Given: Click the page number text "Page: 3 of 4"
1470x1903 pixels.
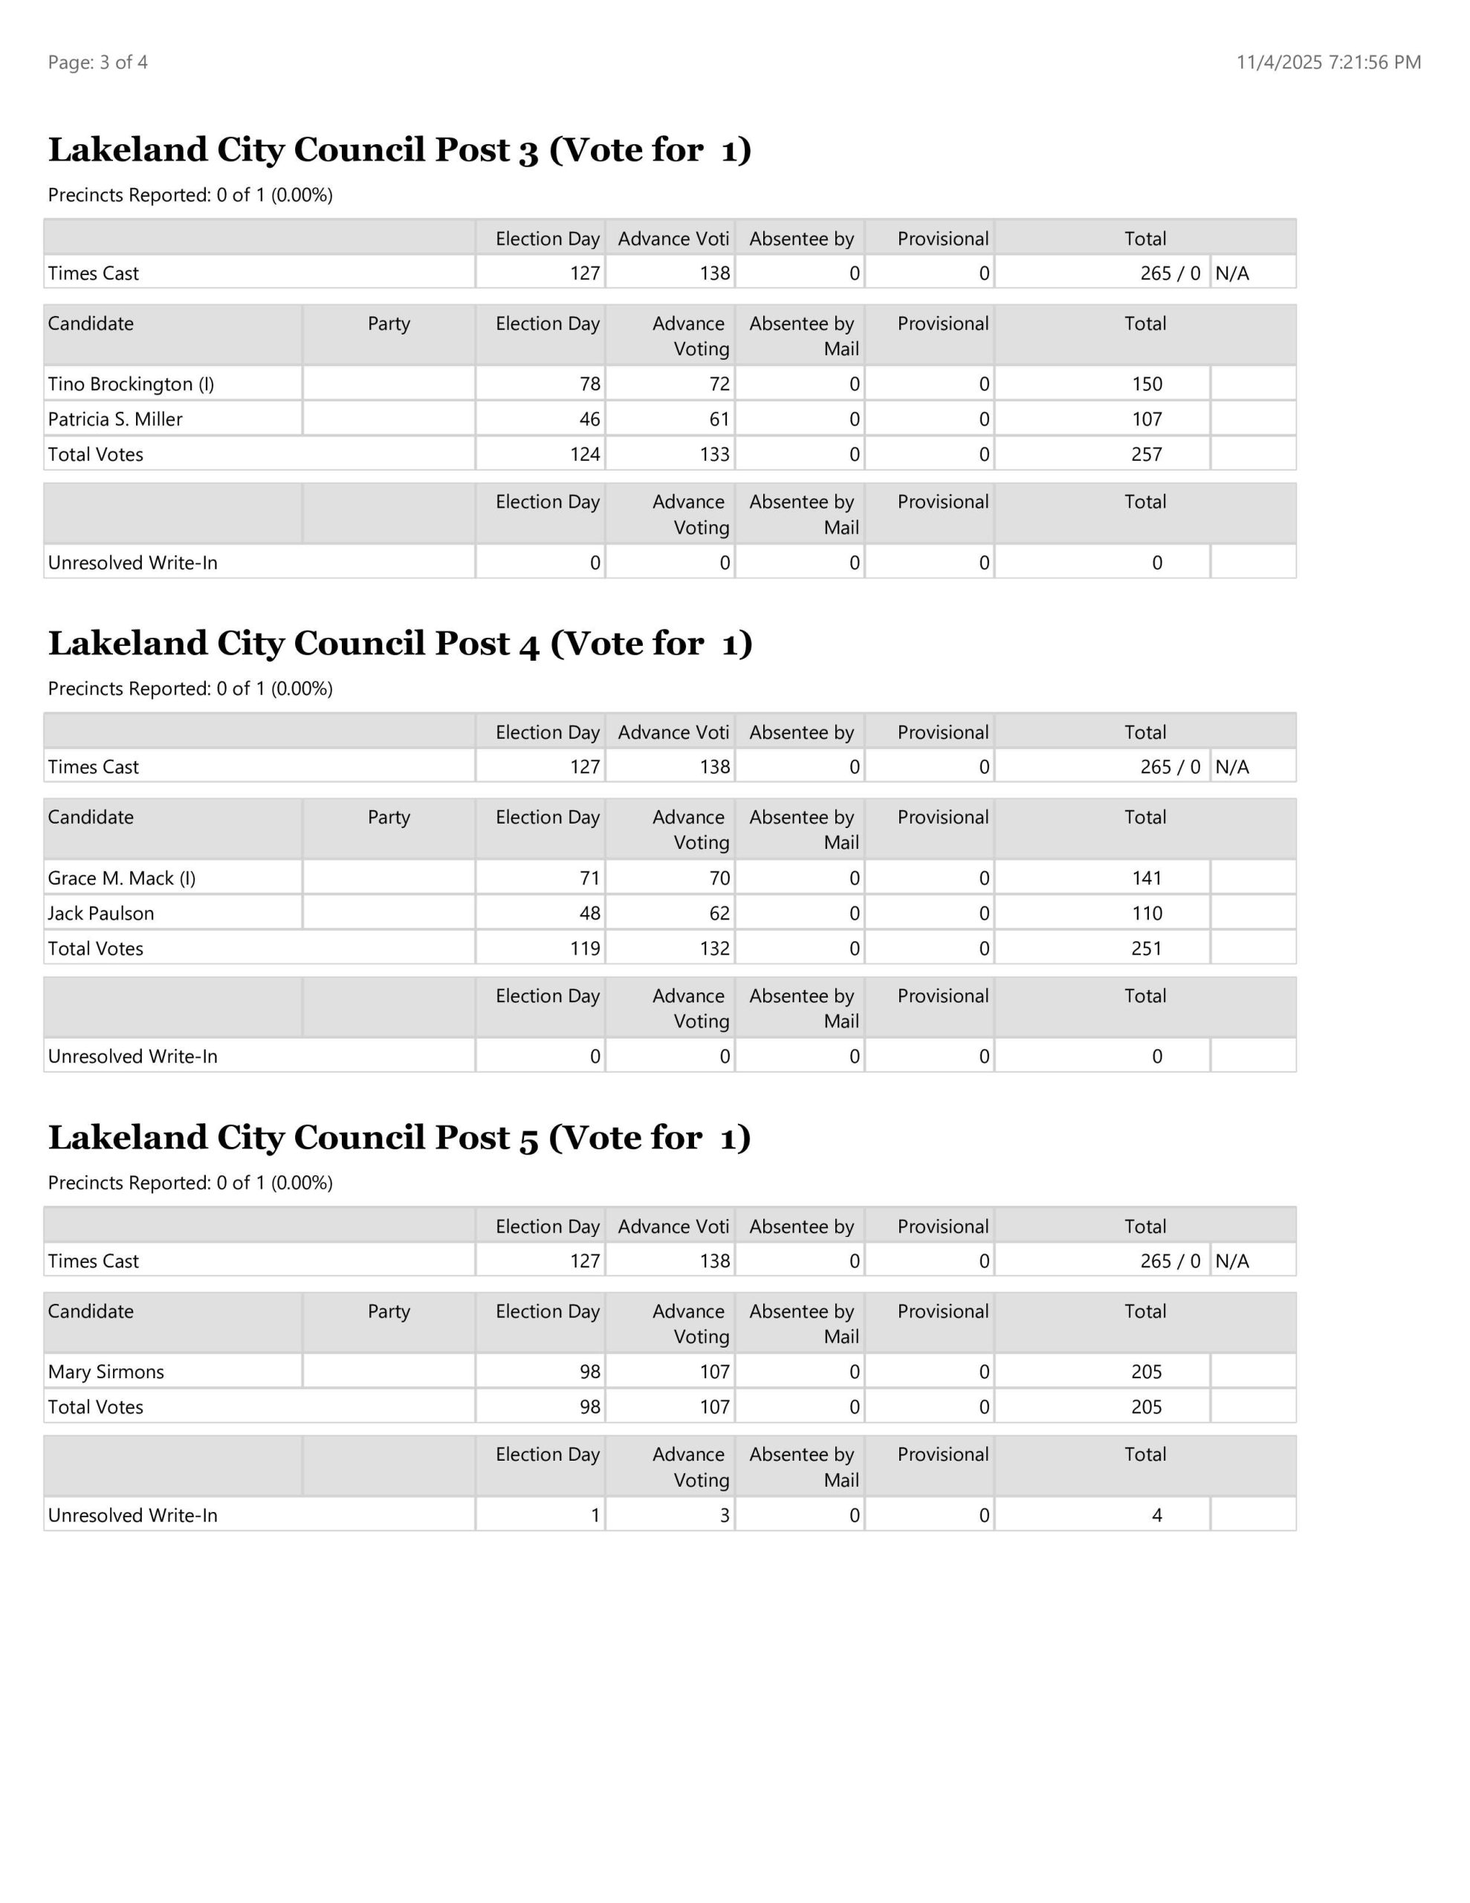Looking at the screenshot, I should (x=97, y=62).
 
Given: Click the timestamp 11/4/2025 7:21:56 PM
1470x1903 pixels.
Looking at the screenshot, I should (x=1328, y=62).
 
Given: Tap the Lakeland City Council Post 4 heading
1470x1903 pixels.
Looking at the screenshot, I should (x=400, y=643).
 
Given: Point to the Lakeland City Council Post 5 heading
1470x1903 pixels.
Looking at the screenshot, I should (x=399, y=1137).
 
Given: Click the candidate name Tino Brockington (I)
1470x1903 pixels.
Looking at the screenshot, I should (x=131, y=384).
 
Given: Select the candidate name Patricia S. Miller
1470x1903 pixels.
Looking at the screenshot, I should (x=115, y=419).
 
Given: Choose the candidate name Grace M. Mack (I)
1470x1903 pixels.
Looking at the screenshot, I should (x=122, y=879).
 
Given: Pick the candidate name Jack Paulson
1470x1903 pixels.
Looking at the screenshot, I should (x=101, y=913).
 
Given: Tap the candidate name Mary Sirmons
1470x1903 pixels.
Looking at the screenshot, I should (x=106, y=1371).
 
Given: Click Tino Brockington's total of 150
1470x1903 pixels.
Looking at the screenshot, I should (x=1147, y=384).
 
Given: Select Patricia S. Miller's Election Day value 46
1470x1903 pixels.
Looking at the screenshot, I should (x=590, y=419).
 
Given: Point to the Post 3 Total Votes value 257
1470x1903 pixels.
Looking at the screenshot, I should (x=1147, y=454).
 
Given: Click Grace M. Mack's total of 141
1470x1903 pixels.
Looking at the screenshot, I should (x=1147, y=879).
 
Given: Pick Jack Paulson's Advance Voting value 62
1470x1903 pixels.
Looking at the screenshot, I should (x=719, y=913).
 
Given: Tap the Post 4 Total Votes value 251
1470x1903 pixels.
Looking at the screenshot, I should (x=1147, y=948).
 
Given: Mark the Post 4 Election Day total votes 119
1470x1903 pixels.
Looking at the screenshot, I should (x=586, y=948).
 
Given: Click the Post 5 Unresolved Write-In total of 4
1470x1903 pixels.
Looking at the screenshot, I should (x=1156, y=1515).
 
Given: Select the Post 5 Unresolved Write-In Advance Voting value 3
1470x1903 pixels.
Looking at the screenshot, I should (x=724, y=1515).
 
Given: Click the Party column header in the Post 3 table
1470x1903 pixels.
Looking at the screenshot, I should (x=389, y=323).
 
